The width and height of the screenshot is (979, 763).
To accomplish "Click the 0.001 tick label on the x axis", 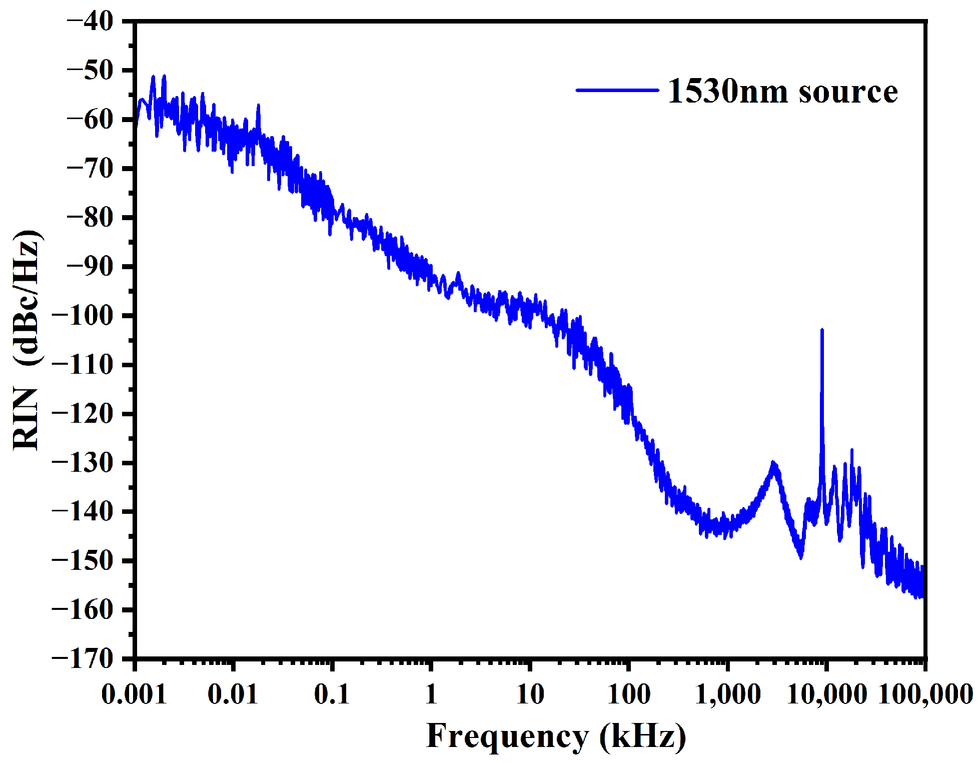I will point(134,695).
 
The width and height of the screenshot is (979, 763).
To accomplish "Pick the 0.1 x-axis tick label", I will point(332,695).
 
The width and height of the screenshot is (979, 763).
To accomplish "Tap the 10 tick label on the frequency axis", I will point(530,695).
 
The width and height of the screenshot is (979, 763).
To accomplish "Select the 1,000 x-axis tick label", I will point(728,695).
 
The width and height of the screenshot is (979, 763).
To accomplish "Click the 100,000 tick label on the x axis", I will point(926,695).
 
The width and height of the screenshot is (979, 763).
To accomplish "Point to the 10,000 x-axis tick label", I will point(826,695).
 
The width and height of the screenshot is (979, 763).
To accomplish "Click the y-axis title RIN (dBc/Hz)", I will point(26,340).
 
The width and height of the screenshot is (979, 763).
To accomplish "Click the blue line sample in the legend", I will point(617,91).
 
